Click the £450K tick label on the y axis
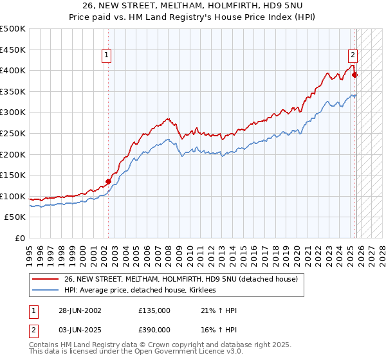pos(13,50)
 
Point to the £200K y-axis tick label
pos(13,154)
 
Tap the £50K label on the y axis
pos(15,217)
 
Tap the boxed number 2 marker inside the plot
pos(353,55)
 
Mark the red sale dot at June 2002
pos(108,181)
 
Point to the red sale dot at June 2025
pos(354,75)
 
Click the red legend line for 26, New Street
pos(46,280)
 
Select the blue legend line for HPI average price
pos(46,291)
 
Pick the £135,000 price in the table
pos(154,310)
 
